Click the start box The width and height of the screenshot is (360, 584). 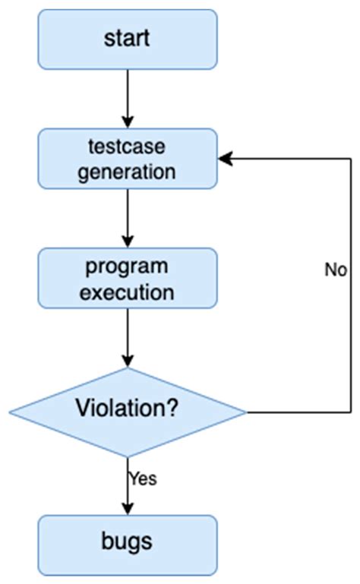click(128, 39)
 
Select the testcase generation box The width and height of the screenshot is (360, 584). click(128, 158)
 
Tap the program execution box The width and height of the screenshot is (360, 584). click(128, 279)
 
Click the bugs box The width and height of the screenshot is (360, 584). click(128, 542)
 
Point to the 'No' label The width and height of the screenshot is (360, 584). click(336, 270)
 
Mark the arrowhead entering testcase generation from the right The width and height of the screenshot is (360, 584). click(225, 159)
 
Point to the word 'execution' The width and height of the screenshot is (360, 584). click(128, 292)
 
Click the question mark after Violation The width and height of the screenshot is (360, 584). click(174, 409)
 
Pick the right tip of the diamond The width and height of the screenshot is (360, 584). click(246, 412)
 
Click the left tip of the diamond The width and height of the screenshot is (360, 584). click(10, 412)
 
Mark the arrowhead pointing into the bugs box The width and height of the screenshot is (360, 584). click(128, 510)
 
